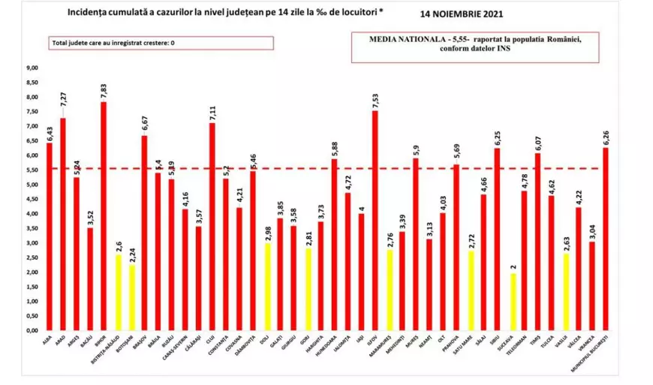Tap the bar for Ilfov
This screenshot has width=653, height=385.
coord(375,221)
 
